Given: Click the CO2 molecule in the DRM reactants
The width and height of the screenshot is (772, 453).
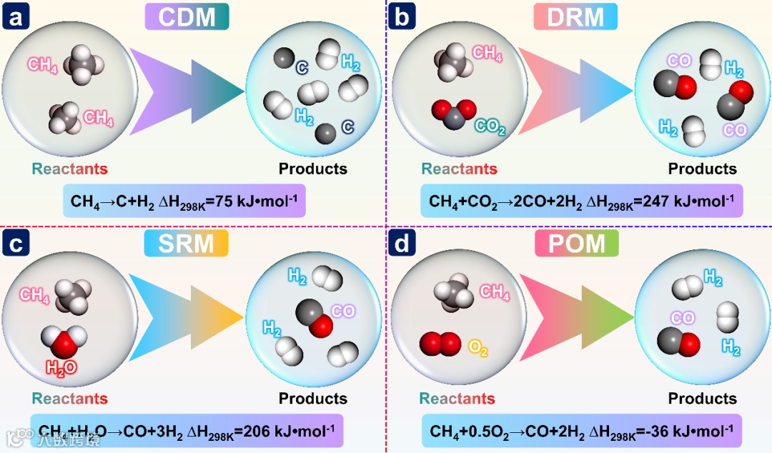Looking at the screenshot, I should (x=453, y=114).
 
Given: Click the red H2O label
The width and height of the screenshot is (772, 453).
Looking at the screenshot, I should (x=61, y=368).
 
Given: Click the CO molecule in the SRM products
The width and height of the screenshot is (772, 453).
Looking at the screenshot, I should (x=315, y=315).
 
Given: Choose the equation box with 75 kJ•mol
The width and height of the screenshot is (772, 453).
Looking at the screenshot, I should (x=184, y=201).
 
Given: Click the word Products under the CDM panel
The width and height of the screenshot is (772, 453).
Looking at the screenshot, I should (x=313, y=169).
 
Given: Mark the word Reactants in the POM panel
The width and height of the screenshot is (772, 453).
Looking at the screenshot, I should (x=457, y=398).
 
